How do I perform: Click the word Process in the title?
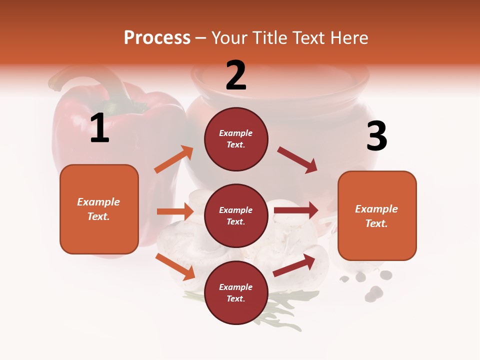point(157,38)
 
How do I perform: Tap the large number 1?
point(99,128)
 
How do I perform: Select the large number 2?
point(236,75)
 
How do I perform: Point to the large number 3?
point(376,136)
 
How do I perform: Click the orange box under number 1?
point(99,209)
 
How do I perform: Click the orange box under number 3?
point(377,215)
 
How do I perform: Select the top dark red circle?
point(236,139)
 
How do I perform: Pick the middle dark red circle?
point(236,215)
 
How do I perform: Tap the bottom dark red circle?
point(236,292)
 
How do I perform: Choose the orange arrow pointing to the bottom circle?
point(175,266)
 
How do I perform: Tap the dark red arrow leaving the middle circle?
point(296,210)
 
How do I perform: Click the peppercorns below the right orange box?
point(372,290)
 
